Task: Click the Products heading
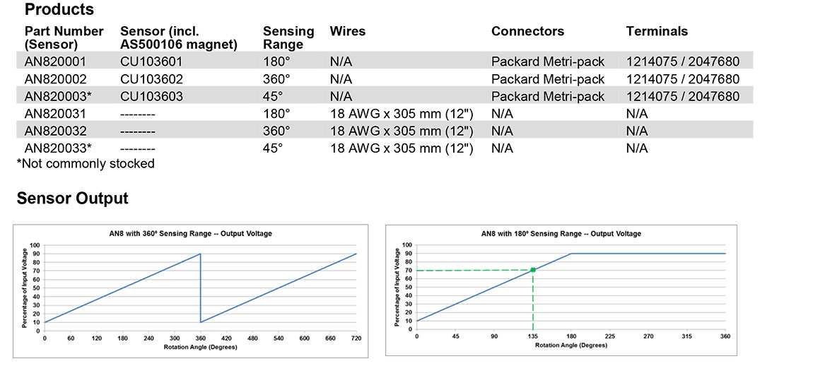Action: (59, 10)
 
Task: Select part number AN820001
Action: (54, 61)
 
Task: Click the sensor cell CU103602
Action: (151, 79)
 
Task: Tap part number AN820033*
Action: (58, 148)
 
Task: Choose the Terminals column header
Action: (657, 31)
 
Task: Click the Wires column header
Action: (348, 31)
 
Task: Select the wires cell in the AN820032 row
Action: (401, 131)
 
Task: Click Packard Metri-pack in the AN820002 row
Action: (548, 79)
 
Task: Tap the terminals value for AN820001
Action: (682, 61)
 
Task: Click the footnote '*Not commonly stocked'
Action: (86, 163)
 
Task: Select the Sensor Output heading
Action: (73, 199)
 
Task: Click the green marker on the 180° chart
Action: (532, 270)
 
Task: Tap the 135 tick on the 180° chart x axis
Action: (532, 337)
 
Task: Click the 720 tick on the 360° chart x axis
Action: (356, 339)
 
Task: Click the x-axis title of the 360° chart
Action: (200, 347)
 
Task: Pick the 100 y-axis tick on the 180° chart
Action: (407, 245)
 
